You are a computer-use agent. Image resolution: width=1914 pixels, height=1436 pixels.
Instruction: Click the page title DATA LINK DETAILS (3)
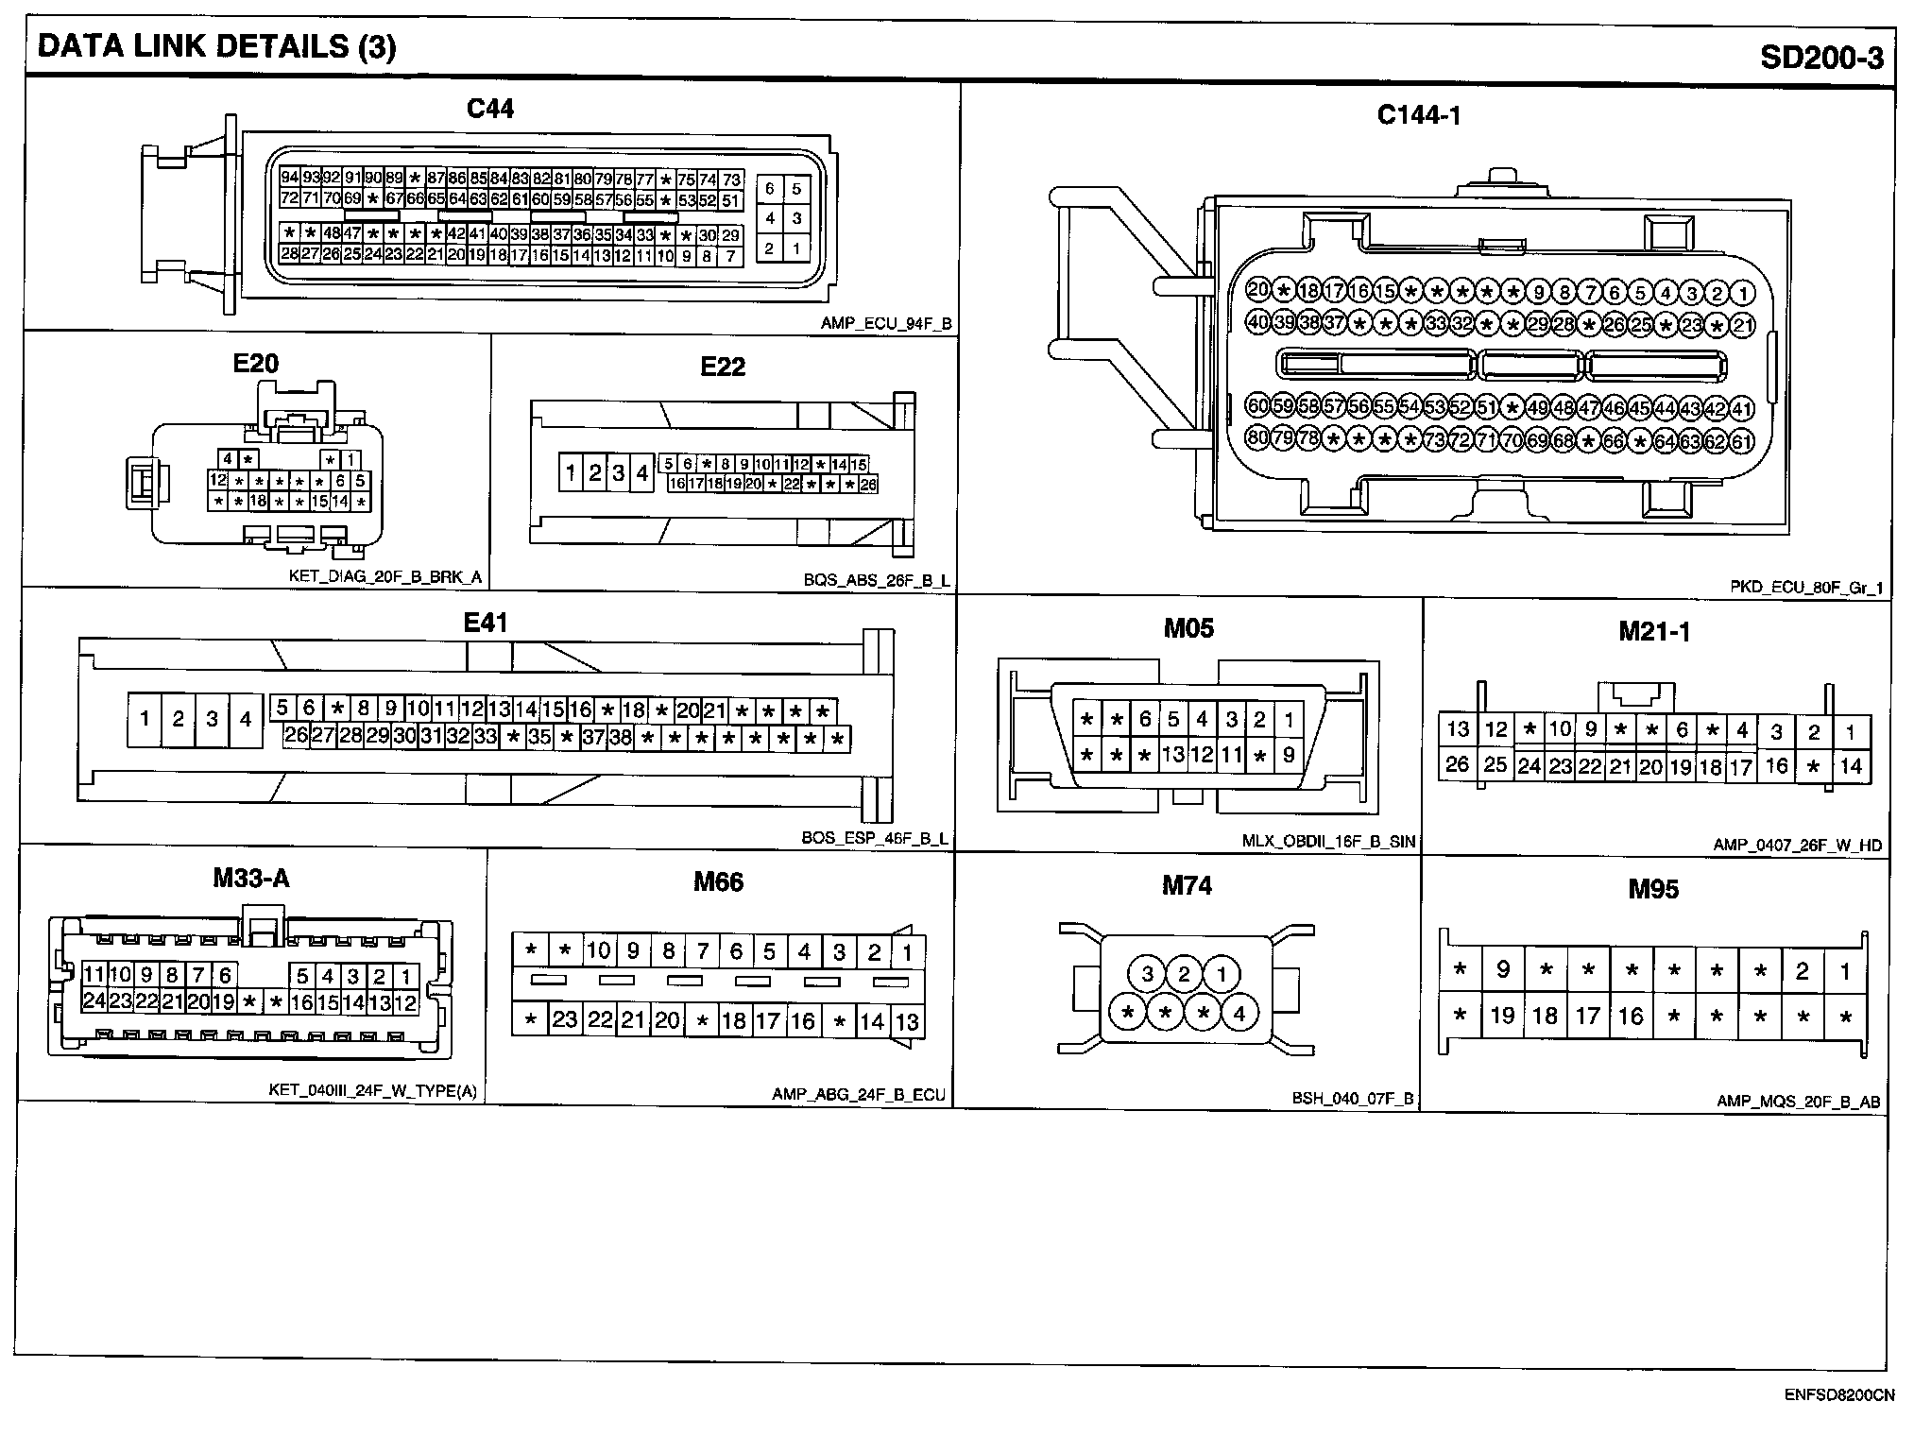[x=216, y=47]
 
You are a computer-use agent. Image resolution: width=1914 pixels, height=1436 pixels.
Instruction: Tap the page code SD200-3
[x=1821, y=59]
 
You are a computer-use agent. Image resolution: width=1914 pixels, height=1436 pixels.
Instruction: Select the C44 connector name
[x=490, y=110]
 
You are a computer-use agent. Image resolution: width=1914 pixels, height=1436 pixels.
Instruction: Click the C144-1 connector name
[x=1419, y=115]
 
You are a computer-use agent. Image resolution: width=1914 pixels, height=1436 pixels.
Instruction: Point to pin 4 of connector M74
[x=1239, y=1014]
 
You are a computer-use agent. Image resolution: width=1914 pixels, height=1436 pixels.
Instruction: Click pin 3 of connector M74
[x=1148, y=974]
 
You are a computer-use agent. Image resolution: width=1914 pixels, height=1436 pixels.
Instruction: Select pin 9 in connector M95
[x=1502, y=970]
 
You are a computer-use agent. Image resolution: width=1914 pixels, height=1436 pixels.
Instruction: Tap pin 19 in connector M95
[x=1502, y=1017]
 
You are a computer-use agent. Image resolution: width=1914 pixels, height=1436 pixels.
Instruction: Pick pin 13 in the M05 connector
[x=1172, y=755]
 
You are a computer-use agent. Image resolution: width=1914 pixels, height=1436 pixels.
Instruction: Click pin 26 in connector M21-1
[x=1457, y=763]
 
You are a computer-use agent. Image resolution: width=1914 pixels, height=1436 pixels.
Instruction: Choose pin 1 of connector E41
[x=145, y=720]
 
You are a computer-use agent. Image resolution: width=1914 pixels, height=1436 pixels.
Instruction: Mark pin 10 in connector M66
[x=599, y=950]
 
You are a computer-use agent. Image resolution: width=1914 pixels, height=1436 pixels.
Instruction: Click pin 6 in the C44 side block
[x=770, y=189]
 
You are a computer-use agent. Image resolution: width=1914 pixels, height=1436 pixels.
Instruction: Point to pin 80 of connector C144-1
[x=1257, y=438]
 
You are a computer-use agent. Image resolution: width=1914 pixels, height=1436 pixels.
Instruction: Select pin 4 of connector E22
[x=642, y=472]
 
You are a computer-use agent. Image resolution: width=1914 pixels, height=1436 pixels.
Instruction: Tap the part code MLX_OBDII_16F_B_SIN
[x=1329, y=842]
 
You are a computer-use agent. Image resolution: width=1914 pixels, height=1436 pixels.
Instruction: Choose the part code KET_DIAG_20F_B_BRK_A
[x=385, y=577]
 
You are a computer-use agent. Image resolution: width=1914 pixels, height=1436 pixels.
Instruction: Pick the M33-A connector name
[x=250, y=880]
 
